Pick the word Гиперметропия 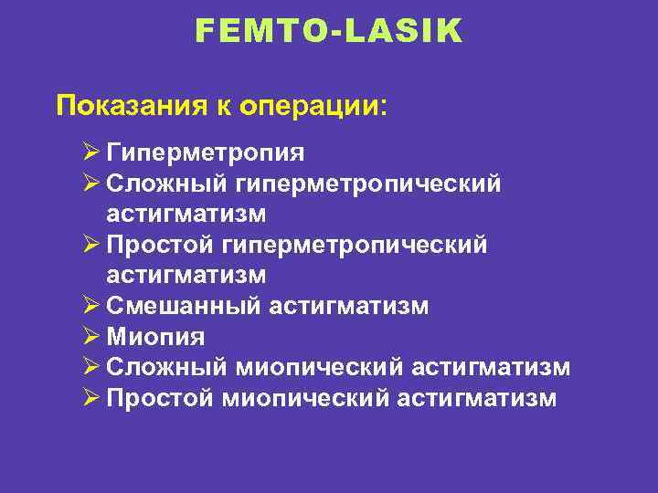coord(206,152)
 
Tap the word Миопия coord(155,337)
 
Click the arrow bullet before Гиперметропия coord(90,152)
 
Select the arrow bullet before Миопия coord(90,337)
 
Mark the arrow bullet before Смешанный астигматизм coord(90,306)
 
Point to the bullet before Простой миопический coord(90,399)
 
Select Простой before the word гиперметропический coord(161,245)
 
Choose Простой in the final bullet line coord(161,399)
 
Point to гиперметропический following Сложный coord(368,183)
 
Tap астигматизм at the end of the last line coord(478,399)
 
